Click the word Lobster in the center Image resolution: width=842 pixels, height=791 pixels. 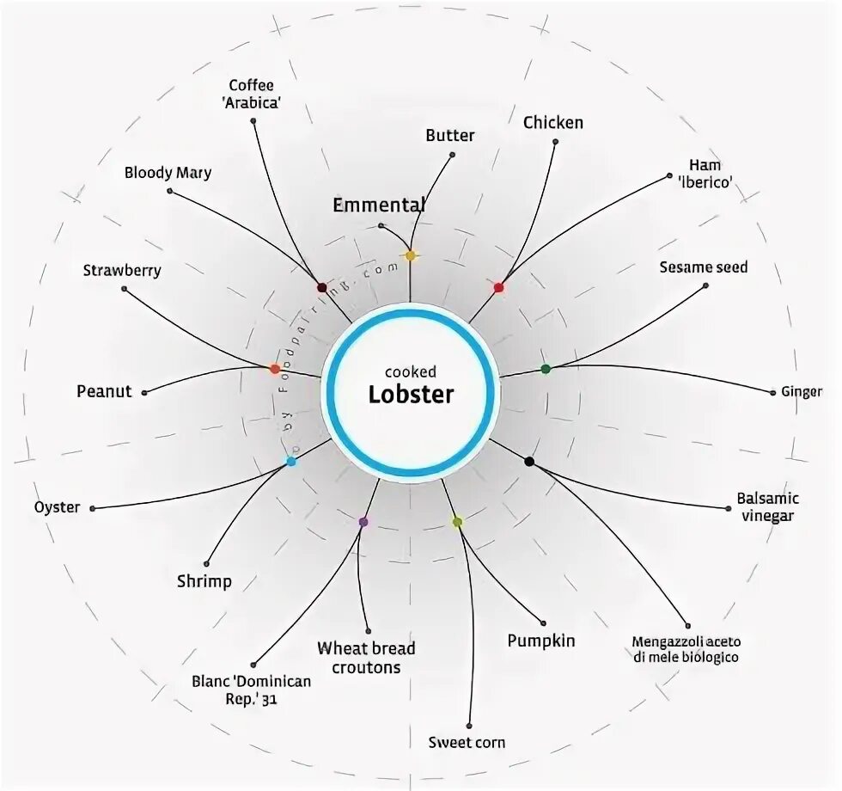[411, 395]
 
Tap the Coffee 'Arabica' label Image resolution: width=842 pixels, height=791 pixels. [251, 94]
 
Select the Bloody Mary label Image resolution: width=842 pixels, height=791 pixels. [168, 173]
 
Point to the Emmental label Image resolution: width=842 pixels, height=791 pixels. [379, 205]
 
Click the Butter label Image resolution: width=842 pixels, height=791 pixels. [450, 135]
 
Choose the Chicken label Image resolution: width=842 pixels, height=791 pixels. [553, 123]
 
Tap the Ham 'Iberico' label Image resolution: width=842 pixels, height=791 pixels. [705, 173]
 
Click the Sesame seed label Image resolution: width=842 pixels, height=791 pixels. [704, 267]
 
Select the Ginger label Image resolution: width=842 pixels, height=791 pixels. [802, 391]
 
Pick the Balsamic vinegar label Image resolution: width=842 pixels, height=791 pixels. [767, 507]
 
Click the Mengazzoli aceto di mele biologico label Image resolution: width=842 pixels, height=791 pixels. [686, 649]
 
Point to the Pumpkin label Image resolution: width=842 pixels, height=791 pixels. [541, 641]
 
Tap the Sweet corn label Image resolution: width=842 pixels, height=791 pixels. [467, 742]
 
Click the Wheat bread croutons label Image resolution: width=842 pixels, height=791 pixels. [366, 658]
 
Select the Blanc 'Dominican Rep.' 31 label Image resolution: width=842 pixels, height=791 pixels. [252, 690]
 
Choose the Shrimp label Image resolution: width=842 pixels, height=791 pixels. [204, 581]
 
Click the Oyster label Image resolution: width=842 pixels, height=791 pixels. [58, 507]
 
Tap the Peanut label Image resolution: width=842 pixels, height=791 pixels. [104, 391]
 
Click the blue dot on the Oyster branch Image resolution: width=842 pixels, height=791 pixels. [291, 462]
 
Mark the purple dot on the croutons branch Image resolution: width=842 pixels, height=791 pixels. [363, 522]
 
